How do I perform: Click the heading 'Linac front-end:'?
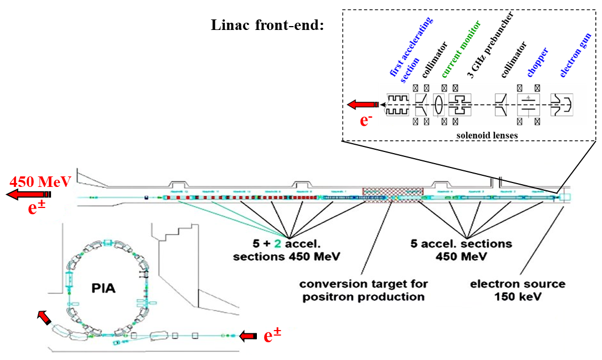point(267,26)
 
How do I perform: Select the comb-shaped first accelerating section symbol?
point(398,104)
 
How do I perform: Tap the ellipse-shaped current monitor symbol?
point(438,104)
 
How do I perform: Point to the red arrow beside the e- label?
point(362,104)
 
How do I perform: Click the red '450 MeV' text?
point(40,181)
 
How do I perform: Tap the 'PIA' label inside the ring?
point(104,290)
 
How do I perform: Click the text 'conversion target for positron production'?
point(363,290)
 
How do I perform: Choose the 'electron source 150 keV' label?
point(518,290)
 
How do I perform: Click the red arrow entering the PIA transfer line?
point(249,335)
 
